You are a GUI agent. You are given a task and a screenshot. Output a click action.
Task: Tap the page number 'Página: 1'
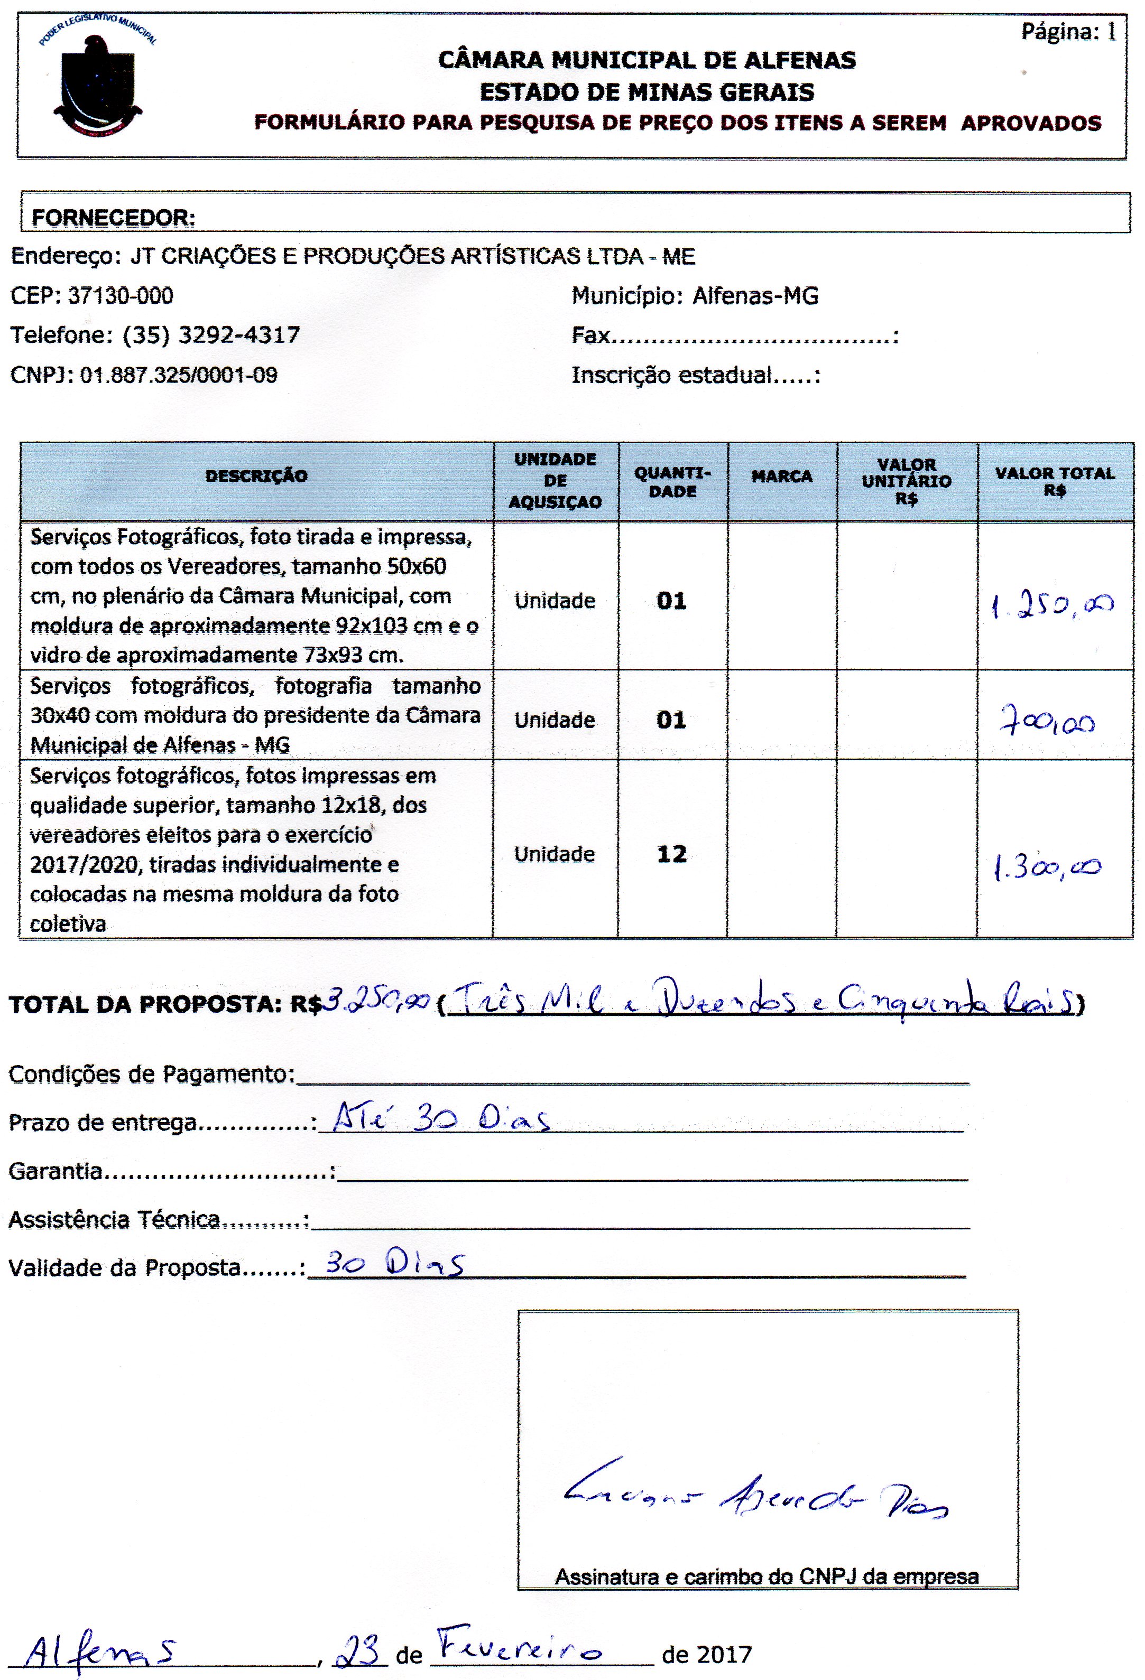click(x=1068, y=32)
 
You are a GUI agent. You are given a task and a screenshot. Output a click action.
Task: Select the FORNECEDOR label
click(x=114, y=218)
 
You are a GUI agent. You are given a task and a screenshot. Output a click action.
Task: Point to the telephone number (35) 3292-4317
click(x=211, y=335)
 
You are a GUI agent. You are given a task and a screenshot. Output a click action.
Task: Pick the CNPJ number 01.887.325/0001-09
click(x=179, y=375)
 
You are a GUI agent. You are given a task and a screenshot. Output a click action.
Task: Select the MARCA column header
click(x=781, y=477)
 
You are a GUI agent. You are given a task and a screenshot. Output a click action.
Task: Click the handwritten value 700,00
click(x=1047, y=722)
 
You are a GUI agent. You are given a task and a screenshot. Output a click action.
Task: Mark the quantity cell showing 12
click(x=671, y=854)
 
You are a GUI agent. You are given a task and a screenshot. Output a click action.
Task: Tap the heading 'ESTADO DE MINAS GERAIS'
click(x=647, y=92)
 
